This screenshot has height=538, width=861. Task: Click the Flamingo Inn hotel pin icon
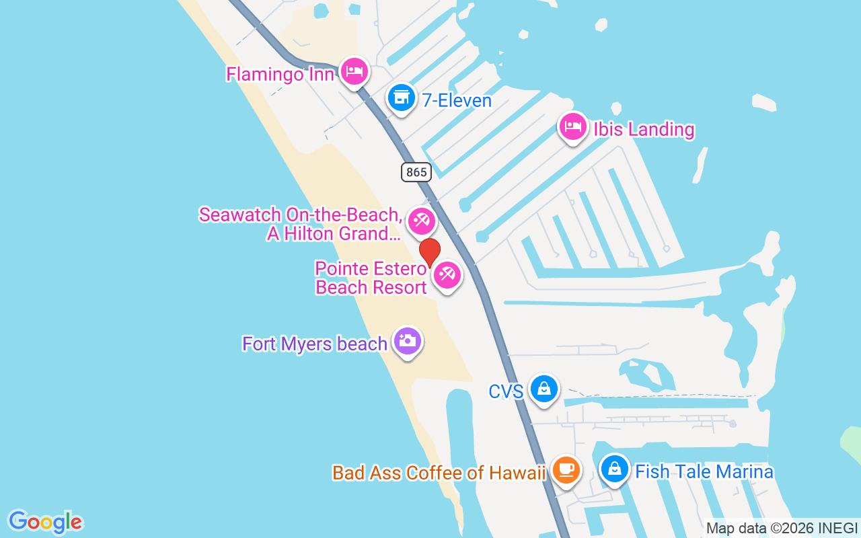354,71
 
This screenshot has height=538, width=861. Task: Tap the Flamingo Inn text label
280,73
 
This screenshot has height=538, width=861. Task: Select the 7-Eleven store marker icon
402,98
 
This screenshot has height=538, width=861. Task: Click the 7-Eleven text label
457,101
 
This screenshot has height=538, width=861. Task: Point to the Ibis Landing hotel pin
573,126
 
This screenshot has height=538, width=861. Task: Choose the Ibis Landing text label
644,129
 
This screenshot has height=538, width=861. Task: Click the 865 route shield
416,172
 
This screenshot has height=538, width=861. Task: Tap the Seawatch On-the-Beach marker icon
422,220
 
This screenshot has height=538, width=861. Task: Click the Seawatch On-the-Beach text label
301,225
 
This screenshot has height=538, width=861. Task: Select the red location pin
430,252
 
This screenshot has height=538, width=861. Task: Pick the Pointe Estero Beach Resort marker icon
447,275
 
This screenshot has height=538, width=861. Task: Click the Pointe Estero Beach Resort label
371,278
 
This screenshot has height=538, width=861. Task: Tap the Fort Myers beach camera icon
407,342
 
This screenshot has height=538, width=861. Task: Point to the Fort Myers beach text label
315,344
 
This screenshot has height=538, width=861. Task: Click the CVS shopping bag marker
544,389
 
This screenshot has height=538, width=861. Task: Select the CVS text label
506,391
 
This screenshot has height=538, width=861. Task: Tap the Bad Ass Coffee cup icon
566,469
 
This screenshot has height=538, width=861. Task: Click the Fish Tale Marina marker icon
614,469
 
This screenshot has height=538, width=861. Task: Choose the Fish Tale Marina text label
704,472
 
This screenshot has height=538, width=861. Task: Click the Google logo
46,522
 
